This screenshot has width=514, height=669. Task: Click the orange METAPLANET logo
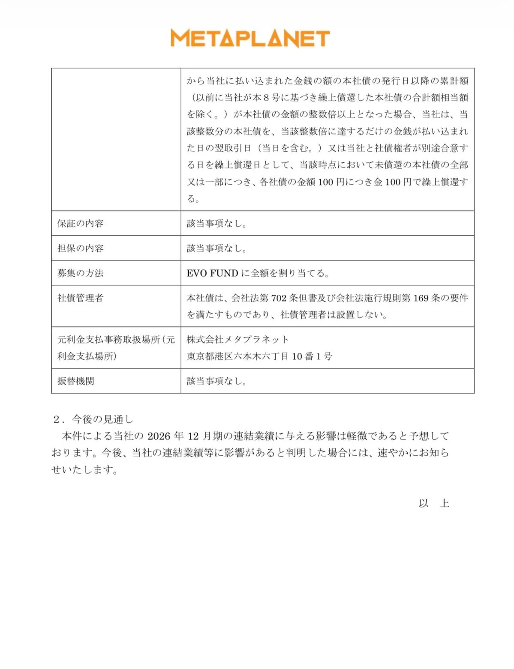pyautogui.click(x=250, y=38)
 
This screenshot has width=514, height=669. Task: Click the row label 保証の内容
pyautogui.click(x=81, y=224)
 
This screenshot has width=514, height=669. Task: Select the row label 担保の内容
pyautogui.click(x=81, y=248)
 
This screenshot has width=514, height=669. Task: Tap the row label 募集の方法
pyautogui.click(x=81, y=273)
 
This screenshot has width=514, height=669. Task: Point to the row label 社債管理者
pyautogui.click(x=81, y=298)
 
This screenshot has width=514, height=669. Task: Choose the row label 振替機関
pyautogui.click(x=76, y=381)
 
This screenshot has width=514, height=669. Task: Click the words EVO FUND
pyautogui.click(x=212, y=273)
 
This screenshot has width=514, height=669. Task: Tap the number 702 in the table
pyautogui.click(x=279, y=298)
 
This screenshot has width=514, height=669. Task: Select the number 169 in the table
pyautogui.click(x=421, y=298)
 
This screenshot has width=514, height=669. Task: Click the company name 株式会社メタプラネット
pyautogui.click(x=238, y=340)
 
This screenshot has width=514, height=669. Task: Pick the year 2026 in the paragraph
pyautogui.click(x=159, y=436)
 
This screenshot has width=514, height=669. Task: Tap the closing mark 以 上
pyautogui.click(x=434, y=503)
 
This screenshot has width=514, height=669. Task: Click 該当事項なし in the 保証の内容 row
pyautogui.click(x=216, y=224)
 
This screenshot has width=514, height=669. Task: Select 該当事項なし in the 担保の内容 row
pyautogui.click(x=216, y=248)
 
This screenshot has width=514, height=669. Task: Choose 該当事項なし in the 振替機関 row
pyautogui.click(x=216, y=381)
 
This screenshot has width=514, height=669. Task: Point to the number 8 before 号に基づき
pyautogui.click(x=266, y=98)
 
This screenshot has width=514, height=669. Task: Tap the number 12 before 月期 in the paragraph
pyautogui.click(x=193, y=436)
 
